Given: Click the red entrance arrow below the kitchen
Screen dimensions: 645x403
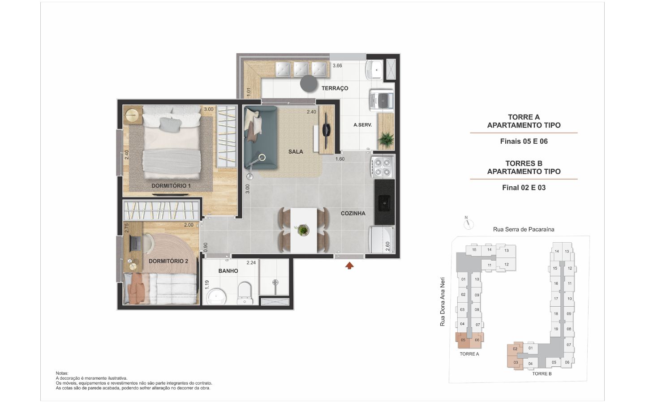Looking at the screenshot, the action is (x=349, y=266).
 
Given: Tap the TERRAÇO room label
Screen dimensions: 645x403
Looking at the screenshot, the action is (x=335, y=88).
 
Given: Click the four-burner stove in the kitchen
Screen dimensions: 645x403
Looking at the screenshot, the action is (x=383, y=167).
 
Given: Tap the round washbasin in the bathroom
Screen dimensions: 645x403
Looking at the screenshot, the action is (x=216, y=297).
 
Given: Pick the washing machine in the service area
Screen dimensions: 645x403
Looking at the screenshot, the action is (x=382, y=100).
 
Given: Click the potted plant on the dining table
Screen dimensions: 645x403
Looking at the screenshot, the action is (x=303, y=230).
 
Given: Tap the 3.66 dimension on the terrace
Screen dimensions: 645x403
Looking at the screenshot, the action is (x=337, y=66).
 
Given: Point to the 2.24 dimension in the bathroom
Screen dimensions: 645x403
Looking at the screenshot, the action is (x=251, y=262).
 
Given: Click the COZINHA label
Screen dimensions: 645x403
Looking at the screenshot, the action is (x=353, y=213).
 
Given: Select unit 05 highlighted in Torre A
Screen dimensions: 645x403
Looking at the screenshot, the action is (x=463, y=340).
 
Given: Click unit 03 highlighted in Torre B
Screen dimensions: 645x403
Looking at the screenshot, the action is (x=516, y=362).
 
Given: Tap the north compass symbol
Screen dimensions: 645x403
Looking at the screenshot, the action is (x=469, y=223).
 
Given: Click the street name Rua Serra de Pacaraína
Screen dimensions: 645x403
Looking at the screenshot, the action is (x=524, y=229).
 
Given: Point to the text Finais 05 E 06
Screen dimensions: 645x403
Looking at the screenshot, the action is (x=524, y=141).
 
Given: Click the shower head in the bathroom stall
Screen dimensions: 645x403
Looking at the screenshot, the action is (x=275, y=283).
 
